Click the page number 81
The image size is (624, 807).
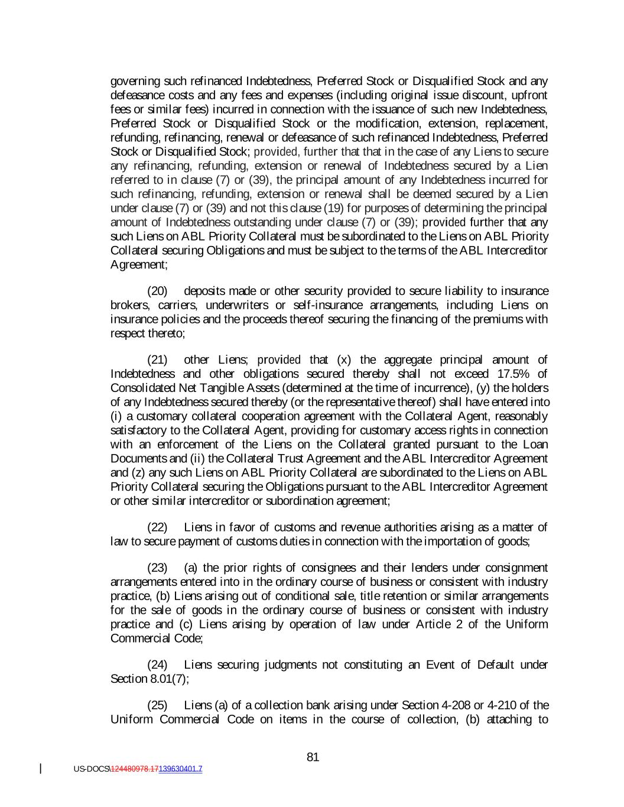tap(313, 757)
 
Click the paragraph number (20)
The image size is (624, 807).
tap(157, 291)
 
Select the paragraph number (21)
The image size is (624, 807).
tap(157, 359)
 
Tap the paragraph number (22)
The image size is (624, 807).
tap(157, 527)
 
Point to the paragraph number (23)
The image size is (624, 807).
tap(157, 568)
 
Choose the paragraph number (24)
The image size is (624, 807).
tap(157, 665)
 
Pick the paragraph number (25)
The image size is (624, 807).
tap(157, 705)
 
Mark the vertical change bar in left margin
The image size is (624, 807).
tap(41, 769)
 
